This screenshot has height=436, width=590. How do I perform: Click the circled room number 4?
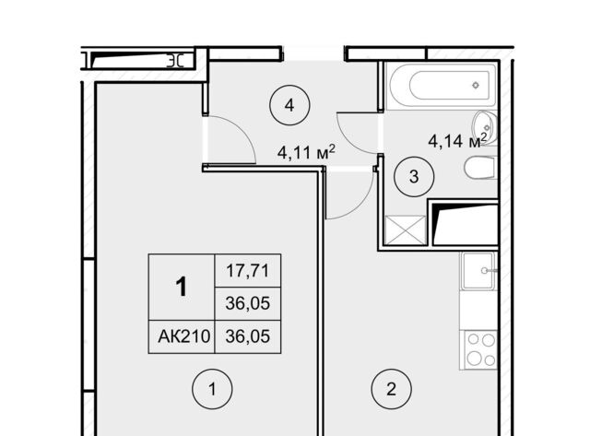289,105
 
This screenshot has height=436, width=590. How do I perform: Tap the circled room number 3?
414,176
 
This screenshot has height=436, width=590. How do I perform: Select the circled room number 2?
391,389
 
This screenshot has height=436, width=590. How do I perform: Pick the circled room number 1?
212,389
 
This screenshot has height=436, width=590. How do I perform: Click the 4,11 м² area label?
306,152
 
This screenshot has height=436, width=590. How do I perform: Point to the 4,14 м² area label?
457,140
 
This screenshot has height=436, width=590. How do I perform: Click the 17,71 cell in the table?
248,271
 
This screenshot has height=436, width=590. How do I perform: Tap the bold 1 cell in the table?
182,288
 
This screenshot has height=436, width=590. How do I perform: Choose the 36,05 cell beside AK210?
248,336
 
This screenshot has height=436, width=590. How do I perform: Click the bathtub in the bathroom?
442,86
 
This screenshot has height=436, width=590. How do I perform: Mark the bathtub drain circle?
476,85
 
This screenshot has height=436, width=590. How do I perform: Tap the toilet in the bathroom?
480,168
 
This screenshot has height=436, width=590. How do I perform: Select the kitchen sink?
478,270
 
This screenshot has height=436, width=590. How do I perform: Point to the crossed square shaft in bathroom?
406,230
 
